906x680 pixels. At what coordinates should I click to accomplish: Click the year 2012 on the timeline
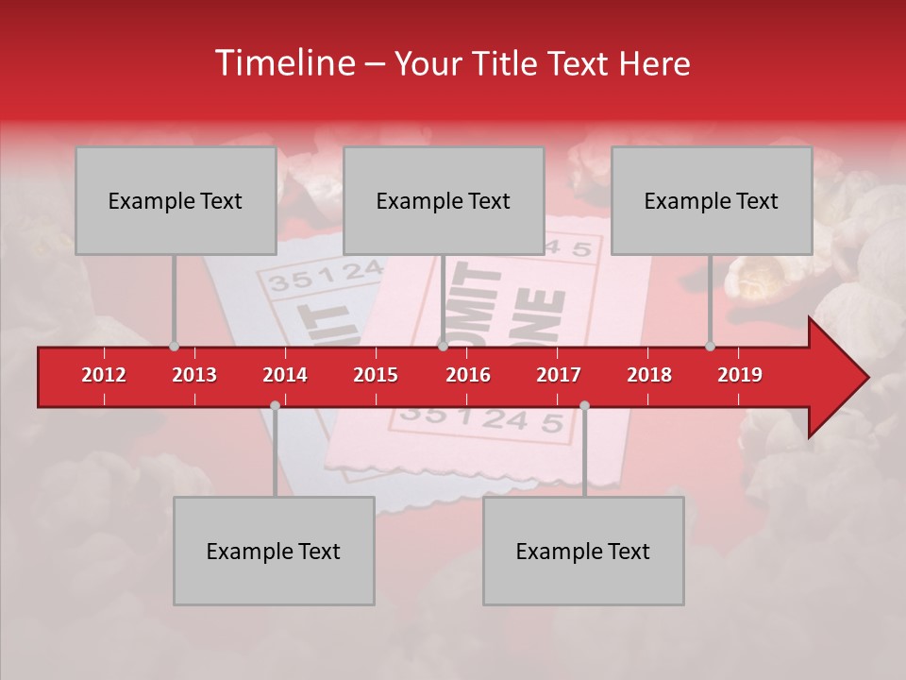coord(104,375)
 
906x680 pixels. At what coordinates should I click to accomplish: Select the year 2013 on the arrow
coord(194,375)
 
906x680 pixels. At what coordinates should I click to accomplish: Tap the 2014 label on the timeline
coord(285,375)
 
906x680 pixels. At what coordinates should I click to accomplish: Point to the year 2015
coord(376,375)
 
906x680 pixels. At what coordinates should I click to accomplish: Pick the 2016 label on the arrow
coord(468,375)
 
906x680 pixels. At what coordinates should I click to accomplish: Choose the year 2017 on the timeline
coord(559,375)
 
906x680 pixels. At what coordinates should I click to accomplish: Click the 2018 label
coord(649,375)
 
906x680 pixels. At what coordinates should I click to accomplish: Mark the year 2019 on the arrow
coord(740,375)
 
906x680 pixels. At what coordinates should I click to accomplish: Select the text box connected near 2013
coord(176,200)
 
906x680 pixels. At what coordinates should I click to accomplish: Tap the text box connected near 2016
coord(444,200)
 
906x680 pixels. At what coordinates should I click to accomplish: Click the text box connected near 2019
coord(712,200)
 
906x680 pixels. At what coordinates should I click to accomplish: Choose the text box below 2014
coord(274,551)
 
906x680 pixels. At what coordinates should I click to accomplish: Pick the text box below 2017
coord(583,551)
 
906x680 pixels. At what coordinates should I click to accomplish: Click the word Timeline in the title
coord(283,63)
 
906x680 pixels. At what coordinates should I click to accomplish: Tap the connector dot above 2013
coord(174,346)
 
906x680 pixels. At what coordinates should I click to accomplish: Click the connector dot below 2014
coord(275,405)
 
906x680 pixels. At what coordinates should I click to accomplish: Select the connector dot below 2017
coord(584,405)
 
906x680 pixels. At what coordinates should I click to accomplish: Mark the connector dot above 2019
coord(710,346)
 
